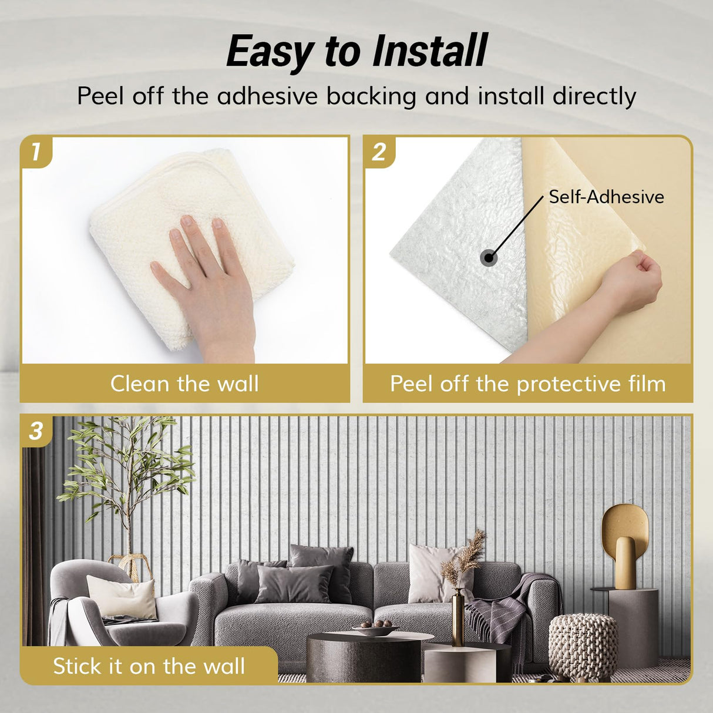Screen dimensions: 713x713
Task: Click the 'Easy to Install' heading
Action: pyautogui.click(x=356, y=52)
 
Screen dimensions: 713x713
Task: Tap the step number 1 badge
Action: pyautogui.click(x=36, y=152)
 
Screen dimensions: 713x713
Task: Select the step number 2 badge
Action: pyautogui.click(x=379, y=152)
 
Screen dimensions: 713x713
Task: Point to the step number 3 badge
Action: pyautogui.click(x=36, y=431)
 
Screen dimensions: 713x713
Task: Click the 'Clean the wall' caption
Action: pyautogui.click(x=184, y=384)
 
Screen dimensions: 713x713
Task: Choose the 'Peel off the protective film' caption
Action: pyautogui.click(x=527, y=384)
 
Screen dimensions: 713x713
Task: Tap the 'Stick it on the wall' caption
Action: pyautogui.click(x=149, y=666)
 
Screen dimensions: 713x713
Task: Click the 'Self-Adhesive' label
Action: pyautogui.click(x=606, y=197)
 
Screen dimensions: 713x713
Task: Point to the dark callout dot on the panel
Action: pyautogui.click(x=489, y=257)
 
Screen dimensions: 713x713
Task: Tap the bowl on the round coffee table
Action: pyautogui.click(x=376, y=629)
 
